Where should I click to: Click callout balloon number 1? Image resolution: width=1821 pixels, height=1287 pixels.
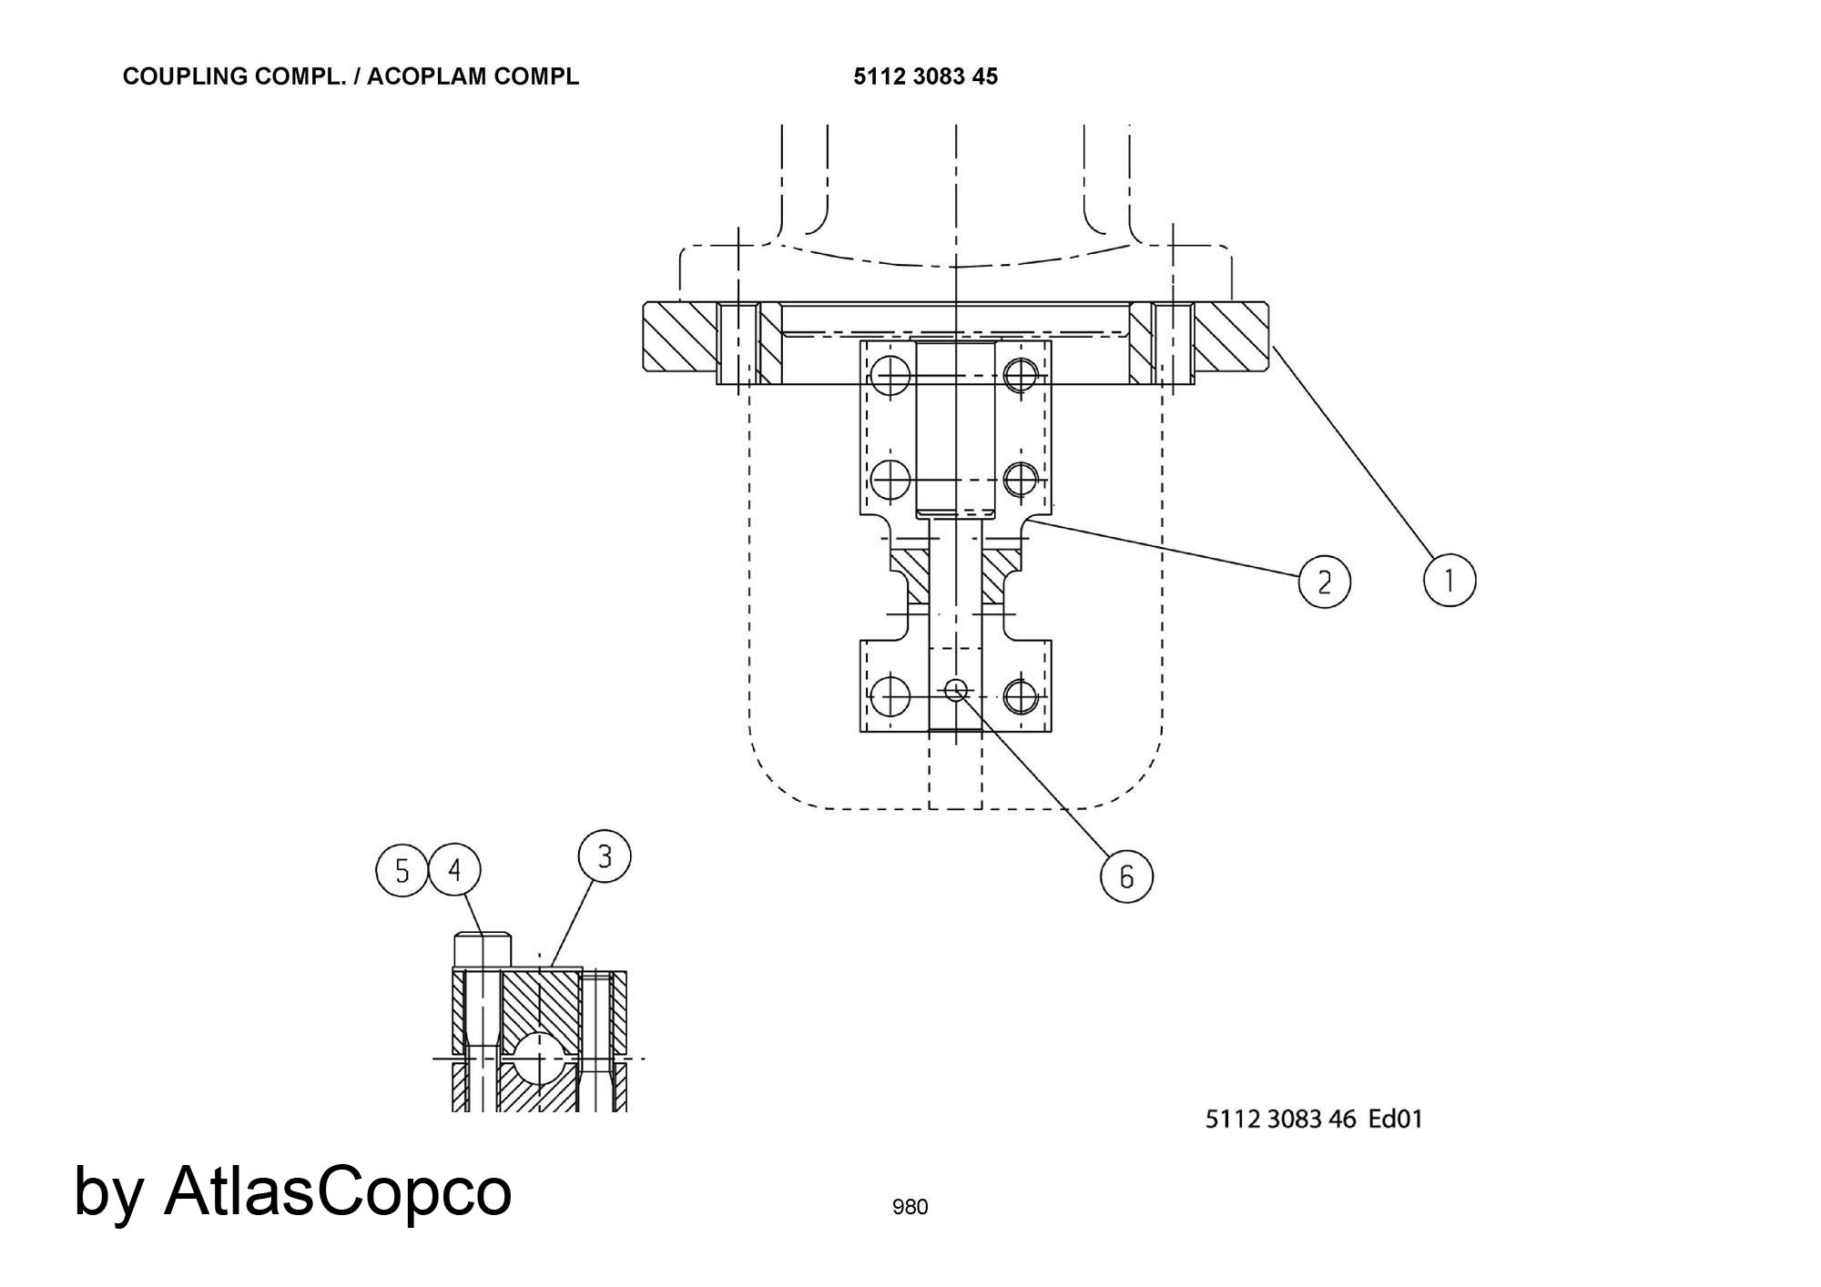1450,580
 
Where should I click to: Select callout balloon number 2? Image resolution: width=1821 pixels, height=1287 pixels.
1324,582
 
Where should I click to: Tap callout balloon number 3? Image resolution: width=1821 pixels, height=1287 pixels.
605,856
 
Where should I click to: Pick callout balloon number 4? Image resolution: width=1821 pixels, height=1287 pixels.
455,871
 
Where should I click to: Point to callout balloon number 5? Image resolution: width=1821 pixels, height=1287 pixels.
402,871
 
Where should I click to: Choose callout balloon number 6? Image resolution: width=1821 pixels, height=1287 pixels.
1126,877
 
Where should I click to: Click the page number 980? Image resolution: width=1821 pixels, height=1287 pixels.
910,1207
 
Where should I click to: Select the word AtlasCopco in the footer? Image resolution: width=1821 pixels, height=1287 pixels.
338,1191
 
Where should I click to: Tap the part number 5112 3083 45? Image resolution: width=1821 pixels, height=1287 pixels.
925,76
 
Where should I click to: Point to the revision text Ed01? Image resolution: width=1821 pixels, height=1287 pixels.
1396,1119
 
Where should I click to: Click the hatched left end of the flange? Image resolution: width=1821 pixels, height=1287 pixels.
680,336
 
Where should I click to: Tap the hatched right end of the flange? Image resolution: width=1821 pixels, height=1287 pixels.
1231,336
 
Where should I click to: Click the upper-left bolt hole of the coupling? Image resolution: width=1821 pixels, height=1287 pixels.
890,372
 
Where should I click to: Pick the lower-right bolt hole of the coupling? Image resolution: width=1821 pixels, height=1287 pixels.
1022,696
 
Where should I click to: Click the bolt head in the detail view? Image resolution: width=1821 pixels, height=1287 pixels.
483,949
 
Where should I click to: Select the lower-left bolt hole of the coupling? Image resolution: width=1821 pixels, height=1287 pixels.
890,696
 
